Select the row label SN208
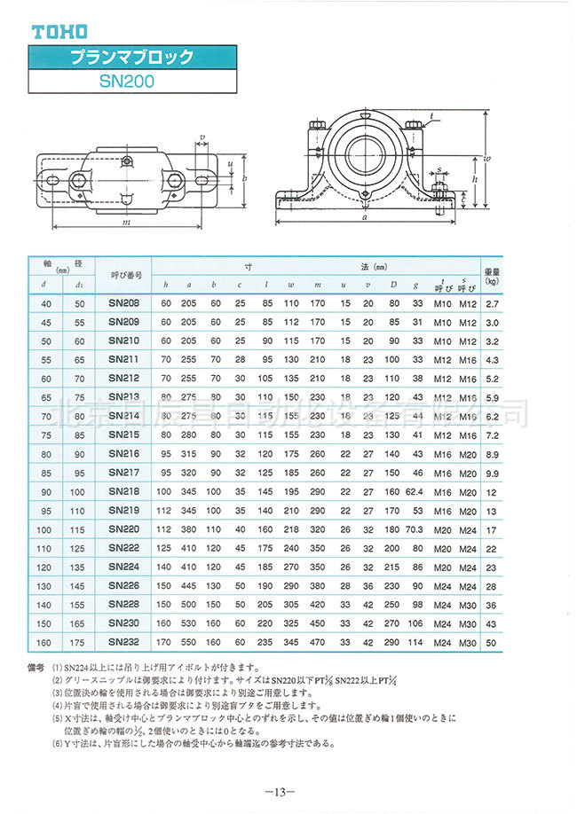pyautogui.click(x=124, y=303)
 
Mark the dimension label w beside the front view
pyautogui.click(x=489, y=159)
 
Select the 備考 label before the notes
pyautogui.click(x=36, y=665)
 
